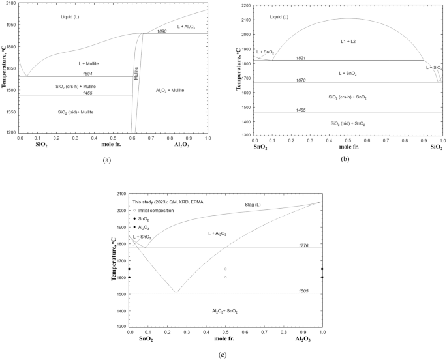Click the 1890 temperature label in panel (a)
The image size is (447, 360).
pyautogui.click(x=161, y=31)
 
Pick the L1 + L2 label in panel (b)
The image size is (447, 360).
pyautogui.click(x=347, y=41)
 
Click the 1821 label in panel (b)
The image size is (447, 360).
pyautogui.click(x=301, y=58)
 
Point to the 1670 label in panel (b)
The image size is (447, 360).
pyautogui.click(x=301, y=80)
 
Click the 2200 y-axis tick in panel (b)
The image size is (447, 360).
pyautogui.click(x=246, y=5)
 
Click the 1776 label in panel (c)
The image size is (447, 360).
pyautogui.click(x=303, y=245)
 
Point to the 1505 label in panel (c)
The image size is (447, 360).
pyautogui.click(x=303, y=291)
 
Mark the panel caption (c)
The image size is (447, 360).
pyautogui.click(x=223, y=354)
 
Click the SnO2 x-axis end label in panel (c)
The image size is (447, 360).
pyautogui.click(x=147, y=340)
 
